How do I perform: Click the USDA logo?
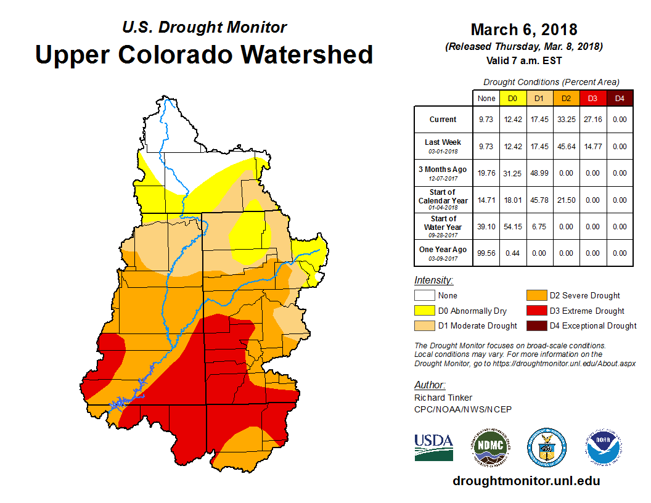pyautogui.click(x=433, y=447)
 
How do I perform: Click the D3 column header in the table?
pyautogui.click(x=592, y=98)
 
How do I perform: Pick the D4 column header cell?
pyautogui.click(x=620, y=98)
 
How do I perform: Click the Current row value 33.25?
pyautogui.click(x=565, y=120)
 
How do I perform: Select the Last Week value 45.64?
pyautogui.click(x=565, y=147)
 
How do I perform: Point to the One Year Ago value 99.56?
pyautogui.click(x=486, y=253)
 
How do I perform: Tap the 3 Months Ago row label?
pyautogui.click(x=443, y=173)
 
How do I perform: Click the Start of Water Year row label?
pyautogui.click(x=443, y=226)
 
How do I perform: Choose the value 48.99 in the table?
pyautogui.click(x=539, y=173)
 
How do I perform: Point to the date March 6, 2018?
pyautogui.click(x=523, y=30)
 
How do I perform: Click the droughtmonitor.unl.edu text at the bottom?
pyautogui.click(x=526, y=481)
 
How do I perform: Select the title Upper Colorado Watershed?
pyautogui.click(x=204, y=54)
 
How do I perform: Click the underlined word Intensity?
pyautogui.click(x=433, y=280)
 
